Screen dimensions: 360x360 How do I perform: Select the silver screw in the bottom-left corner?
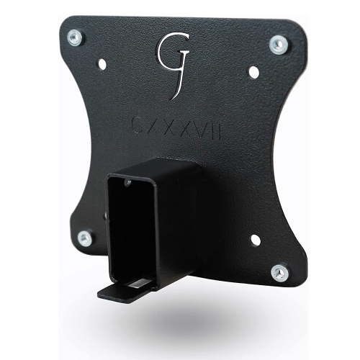click(85, 238)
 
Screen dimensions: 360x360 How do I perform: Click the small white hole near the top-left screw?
click(102, 64)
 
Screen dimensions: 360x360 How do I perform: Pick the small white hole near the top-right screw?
click(253, 72)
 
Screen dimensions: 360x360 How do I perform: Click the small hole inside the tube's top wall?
click(128, 184)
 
